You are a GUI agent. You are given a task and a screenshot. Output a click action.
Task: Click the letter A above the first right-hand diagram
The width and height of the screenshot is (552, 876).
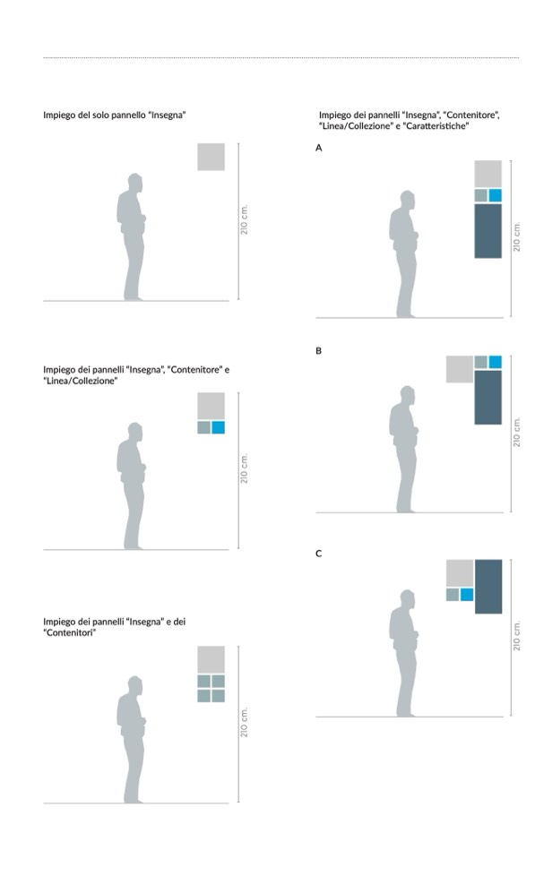click(x=318, y=148)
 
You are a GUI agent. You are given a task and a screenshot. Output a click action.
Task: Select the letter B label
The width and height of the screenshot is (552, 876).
click(x=318, y=351)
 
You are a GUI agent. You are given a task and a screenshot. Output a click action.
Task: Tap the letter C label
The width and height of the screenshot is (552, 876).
click(x=318, y=554)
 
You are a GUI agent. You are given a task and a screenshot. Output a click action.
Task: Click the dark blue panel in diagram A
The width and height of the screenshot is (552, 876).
click(x=487, y=231)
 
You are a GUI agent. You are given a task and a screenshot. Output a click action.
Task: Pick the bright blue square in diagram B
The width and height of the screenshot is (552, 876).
click(x=495, y=362)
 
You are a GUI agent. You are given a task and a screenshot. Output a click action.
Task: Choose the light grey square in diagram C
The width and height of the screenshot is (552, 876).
click(x=460, y=572)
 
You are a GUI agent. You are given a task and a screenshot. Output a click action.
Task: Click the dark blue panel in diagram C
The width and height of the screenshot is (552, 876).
click(x=488, y=587)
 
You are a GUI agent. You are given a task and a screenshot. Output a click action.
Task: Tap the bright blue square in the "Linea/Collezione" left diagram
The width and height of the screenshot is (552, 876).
click(x=218, y=427)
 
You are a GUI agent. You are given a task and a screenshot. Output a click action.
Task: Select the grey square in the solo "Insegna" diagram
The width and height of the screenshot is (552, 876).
click(x=211, y=157)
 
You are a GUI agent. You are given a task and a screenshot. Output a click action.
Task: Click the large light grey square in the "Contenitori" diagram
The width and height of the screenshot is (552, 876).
click(x=211, y=660)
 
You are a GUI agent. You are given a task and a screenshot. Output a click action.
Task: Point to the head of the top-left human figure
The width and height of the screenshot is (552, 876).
click(x=134, y=183)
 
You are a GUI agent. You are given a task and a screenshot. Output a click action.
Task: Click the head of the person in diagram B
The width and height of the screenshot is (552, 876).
click(x=408, y=395)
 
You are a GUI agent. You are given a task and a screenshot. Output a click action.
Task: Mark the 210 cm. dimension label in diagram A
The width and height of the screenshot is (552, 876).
click(x=517, y=236)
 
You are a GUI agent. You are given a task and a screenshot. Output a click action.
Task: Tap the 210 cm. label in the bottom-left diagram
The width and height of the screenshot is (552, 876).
click(x=244, y=722)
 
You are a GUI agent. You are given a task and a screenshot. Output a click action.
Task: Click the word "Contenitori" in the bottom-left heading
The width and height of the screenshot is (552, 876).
click(x=69, y=633)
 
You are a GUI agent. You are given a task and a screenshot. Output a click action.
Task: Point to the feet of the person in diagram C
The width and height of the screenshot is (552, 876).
click(x=406, y=713)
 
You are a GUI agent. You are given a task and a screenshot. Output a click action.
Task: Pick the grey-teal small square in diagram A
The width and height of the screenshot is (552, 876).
click(x=481, y=195)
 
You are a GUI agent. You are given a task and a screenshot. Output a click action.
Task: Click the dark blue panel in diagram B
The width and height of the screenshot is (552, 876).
click(x=487, y=397)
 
